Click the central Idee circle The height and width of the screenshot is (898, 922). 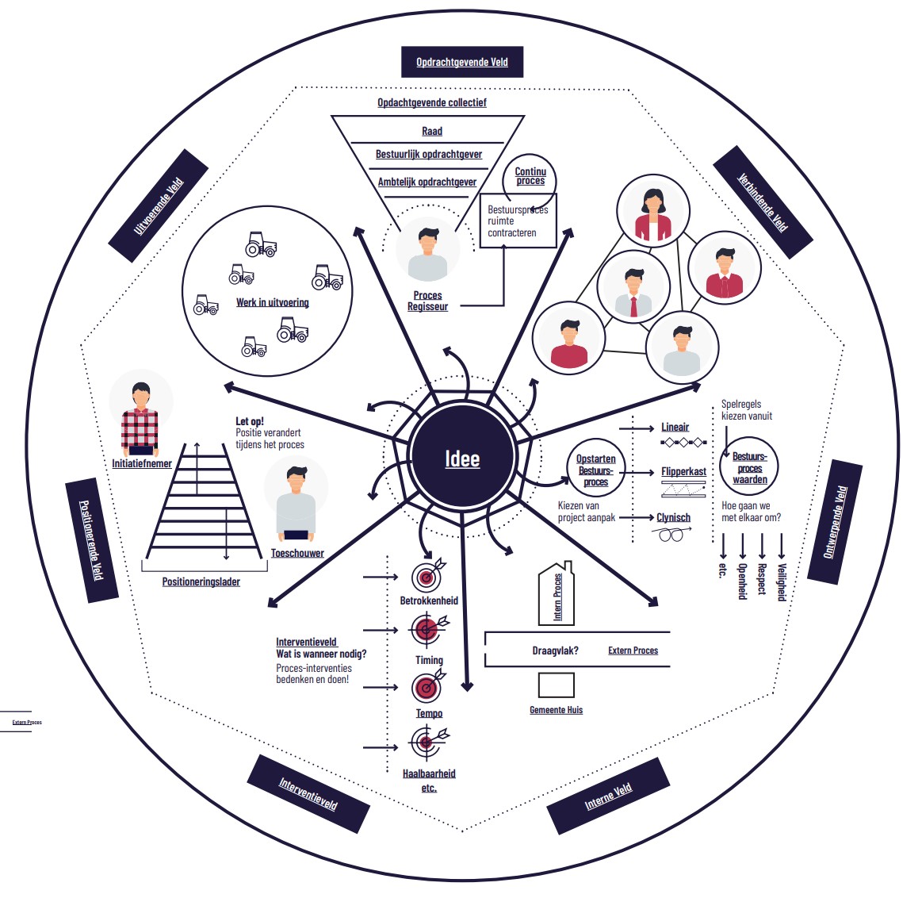point(462,456)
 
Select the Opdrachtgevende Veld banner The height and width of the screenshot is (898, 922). point(462,62)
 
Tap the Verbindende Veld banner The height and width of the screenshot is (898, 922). point(763,201)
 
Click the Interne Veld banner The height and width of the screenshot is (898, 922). point(608,796)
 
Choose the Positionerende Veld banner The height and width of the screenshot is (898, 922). point(92,540)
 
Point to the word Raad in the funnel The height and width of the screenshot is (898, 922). point(431,131)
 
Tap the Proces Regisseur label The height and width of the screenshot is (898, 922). point(427,301)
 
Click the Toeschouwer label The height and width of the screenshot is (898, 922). point(297,553)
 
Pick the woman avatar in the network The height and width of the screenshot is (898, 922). point(652,211)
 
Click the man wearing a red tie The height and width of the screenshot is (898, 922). point(633,286)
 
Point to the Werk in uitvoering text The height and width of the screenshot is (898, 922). point(272,302)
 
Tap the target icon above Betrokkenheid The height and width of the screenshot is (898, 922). point(428,575)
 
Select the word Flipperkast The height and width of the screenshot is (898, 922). point(684,471)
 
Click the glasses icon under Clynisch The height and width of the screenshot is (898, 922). point(671,534)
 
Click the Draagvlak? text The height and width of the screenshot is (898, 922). point(555,650)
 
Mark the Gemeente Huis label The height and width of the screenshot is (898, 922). point(556,710)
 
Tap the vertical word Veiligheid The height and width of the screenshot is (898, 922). point(782,582)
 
